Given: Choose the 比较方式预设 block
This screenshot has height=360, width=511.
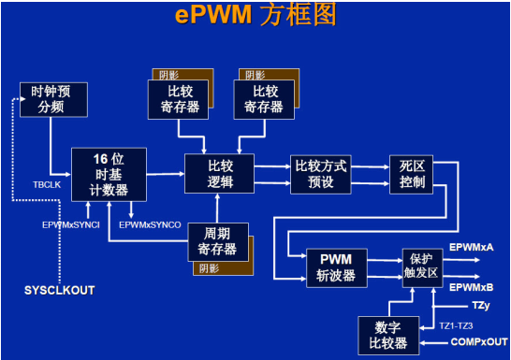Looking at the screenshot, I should (320, 173).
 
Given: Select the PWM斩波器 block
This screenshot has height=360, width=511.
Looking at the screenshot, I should (335, 267).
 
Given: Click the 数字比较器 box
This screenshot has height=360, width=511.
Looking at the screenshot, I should (387, 336).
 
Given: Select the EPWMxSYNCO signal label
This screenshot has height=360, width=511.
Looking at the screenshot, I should (154, 224).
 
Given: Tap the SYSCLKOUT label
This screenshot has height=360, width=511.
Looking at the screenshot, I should (59, 291).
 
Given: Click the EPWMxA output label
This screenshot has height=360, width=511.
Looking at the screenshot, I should (472, 246).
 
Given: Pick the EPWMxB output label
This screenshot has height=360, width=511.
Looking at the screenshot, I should (472, 286).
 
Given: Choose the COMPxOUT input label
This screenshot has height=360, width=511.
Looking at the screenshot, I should (478, 343).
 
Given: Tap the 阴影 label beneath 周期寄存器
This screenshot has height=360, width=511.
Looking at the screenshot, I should (209, 269).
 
